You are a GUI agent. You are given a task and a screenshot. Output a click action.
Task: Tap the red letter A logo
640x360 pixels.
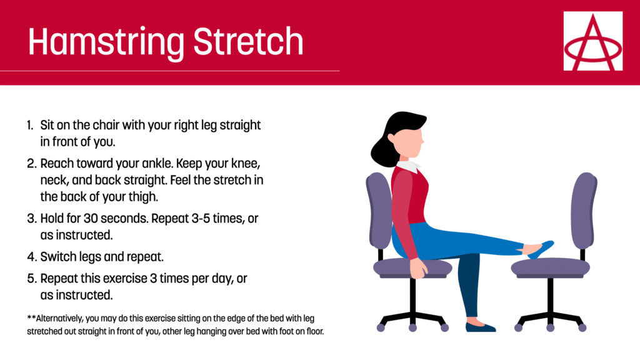(593, 41)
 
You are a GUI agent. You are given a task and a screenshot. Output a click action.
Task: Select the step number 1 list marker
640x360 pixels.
(30, 125)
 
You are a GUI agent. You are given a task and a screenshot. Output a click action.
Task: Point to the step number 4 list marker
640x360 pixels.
(32, 257)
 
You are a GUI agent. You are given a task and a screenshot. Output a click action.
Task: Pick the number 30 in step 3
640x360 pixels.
(91, 218)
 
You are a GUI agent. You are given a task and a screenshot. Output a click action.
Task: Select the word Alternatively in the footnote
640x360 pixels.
(60, 318)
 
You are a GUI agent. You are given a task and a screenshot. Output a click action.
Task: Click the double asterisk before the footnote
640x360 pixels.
(31, 317)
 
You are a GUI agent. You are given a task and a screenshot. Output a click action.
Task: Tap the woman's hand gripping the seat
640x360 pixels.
(418, 268)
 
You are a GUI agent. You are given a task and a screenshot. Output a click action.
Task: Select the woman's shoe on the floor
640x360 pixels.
(480, 326)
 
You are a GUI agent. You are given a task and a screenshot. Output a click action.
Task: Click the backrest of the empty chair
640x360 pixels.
(584, 210)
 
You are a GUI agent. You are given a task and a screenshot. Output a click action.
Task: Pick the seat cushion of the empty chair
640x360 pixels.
(550, 267)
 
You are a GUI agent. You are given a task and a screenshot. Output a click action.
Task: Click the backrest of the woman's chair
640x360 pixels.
(379, 210)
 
